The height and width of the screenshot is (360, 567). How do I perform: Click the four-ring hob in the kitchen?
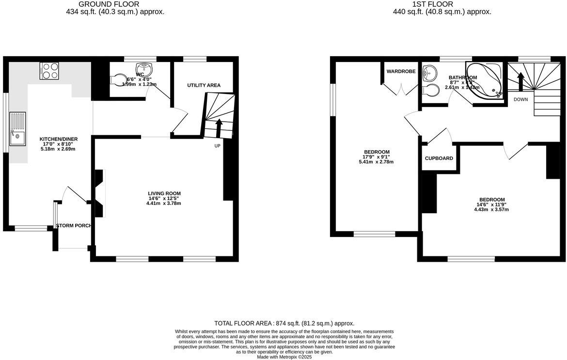pyautogui.click(x=49, y=71)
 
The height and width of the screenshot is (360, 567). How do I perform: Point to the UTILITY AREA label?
pyautogui.click(x=204, y=85)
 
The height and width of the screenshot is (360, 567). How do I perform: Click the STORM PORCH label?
pyautogui.click(x=74, y=226)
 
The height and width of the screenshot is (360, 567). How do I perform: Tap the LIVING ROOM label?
pyautogui.click(x=164, y=193)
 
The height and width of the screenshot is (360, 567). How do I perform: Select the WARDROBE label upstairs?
pyautogui.click(x=401, y=71)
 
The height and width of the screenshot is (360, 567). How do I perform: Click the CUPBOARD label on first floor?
pyautogui.click(x=439, y=158)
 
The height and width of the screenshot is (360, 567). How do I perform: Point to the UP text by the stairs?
pyautogui.click(x=218, y=145)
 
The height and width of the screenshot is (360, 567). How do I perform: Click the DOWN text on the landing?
pyautogui.click(x=520, y=99)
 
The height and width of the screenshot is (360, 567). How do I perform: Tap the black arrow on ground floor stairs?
pyautogui.click(x=219, y=127)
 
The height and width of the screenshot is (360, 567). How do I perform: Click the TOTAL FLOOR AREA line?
pyautogui.click(x=284, y=323)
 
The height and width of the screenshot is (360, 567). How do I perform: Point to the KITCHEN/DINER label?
pyautogui.click(x=58, y=139)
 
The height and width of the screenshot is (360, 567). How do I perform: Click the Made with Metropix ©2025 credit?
pyautogui.click(x=284, y=357)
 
